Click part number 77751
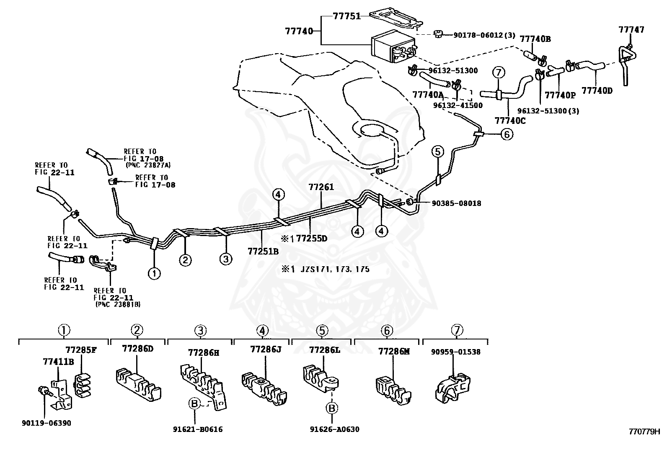(346, 16)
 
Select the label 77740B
(535, 39)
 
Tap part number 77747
(631, 30)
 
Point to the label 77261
(321, 187)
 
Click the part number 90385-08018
(457, 203)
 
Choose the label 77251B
(263, 252)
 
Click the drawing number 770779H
(644, 432)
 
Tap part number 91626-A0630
(335, 429)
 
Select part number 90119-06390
(47, 423)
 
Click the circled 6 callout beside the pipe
(507, 134)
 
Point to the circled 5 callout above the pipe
(437, 152)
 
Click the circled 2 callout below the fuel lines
(185, 260)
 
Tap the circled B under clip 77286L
(332, 408)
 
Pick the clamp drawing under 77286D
(138, 385)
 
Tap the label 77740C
(510, 121)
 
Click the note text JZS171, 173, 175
(335, 269)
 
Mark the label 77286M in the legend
(394, 352)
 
